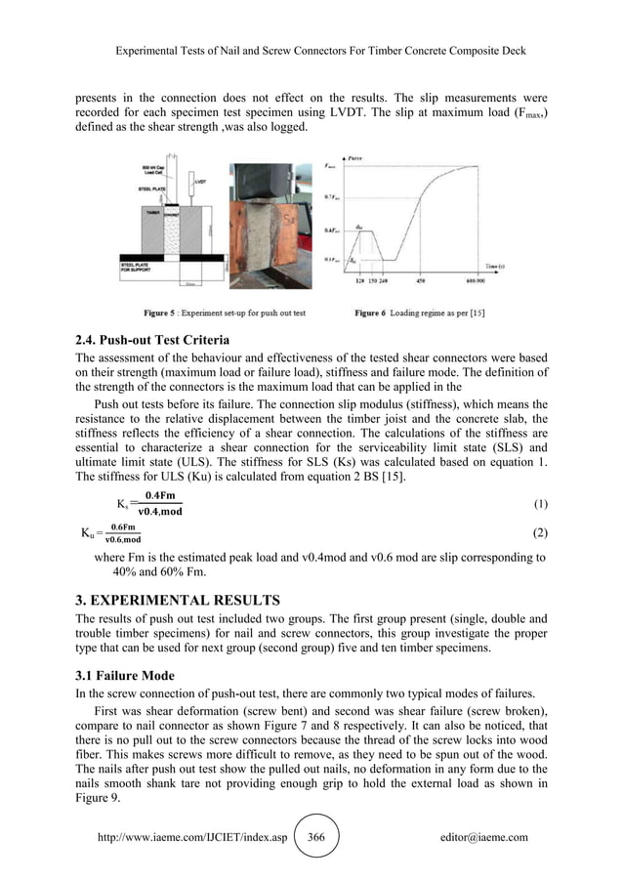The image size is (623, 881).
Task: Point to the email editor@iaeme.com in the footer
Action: coord(484,838)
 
